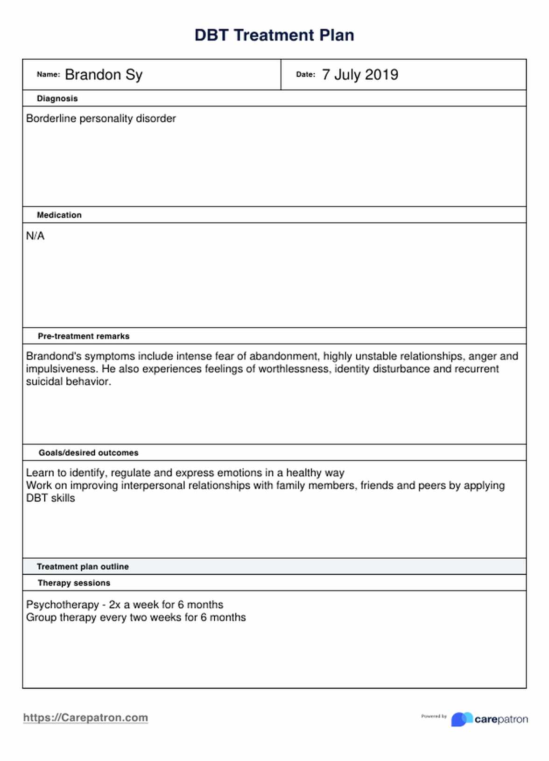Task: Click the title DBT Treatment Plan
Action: click(274, 35)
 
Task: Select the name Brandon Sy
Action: click(104, 75)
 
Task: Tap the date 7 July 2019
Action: click(360, 75)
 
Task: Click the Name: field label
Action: click(48, 74)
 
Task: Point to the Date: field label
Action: click(305, 74)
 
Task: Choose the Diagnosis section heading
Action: click(57, 99)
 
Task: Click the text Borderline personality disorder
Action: click(101, 119)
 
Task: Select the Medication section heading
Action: click(59, 215)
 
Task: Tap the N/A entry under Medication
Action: click(35, 236)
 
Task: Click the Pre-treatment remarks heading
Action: click(84, 336)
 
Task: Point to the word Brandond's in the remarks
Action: click(48, 356)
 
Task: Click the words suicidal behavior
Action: click(68, 381)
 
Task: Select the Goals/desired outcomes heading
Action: click(88, 453)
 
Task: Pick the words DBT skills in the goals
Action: click(50, 498)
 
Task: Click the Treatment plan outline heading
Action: click(83, 567)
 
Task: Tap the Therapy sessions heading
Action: click(74, 583)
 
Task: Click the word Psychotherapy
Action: click(62, 605)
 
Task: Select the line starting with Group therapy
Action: click(135, 617)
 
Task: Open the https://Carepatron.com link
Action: click(85, 718)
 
